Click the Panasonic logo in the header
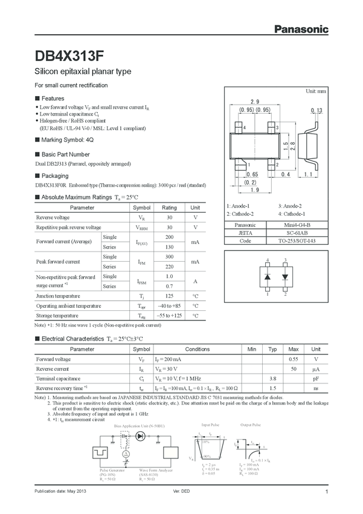(302, 28)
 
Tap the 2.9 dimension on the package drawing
(254, 102)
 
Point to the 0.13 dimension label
(316, 110)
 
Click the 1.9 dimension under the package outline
(254, 190)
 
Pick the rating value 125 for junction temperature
(169, 296)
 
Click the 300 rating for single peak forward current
(169, 256)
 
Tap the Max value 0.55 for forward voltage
(294, 359)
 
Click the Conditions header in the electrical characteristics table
(198, 350)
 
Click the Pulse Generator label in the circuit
(112, 469)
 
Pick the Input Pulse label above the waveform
(211, 425)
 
